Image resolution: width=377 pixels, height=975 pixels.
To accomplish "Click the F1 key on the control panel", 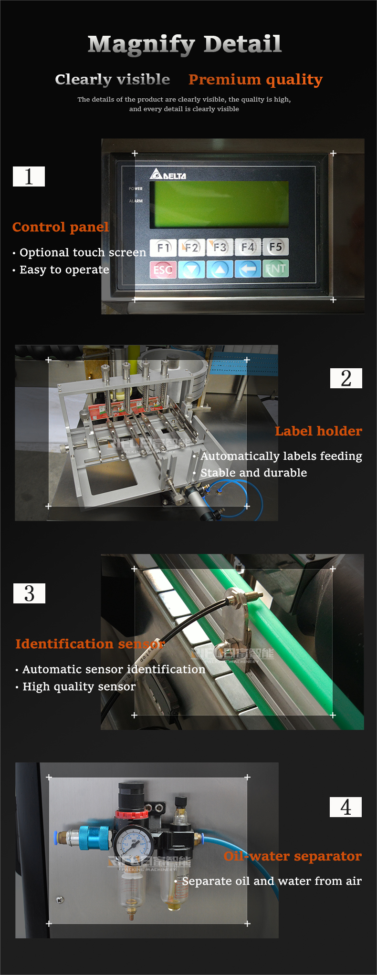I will point(163,247).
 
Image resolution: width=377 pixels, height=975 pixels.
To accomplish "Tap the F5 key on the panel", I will point(275,247).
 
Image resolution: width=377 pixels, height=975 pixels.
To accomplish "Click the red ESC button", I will point(163,270).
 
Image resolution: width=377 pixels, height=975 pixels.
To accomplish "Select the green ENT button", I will point(275,269).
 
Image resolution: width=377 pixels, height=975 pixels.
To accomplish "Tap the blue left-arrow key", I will point(248,269).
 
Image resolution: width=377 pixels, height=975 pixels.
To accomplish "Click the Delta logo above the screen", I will point(168,175).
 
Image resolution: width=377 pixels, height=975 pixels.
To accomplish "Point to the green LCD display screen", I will point(219,204).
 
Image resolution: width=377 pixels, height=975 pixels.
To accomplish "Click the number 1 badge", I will point(29,176).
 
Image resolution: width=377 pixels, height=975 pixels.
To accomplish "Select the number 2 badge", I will point(346,378).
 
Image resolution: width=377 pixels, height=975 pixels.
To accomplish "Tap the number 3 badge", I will point(29,593).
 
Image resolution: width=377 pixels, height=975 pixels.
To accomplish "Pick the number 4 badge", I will point(346,807).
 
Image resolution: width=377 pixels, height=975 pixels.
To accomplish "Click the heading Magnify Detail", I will point(185,44).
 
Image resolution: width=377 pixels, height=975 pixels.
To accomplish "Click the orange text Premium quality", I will point(255,79).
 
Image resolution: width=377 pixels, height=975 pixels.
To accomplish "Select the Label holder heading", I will point(318,431).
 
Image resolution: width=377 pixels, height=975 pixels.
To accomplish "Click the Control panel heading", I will point(61,227).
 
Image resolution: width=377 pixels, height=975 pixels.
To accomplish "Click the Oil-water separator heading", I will point(293,856).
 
